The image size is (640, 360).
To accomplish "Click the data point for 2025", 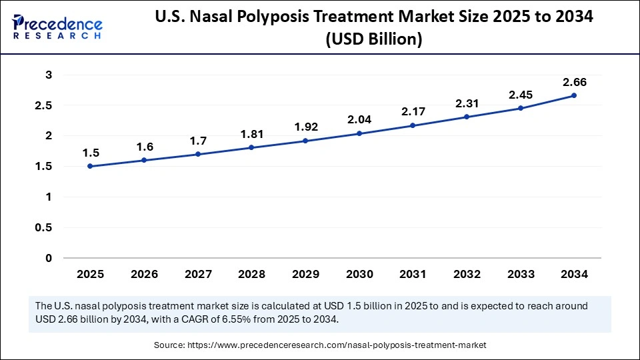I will (x=90, y=166).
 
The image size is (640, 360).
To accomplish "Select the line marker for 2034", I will (x=574, y=95).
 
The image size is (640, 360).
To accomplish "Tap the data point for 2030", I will (x=359, y=133).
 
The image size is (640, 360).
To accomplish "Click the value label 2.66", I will (x=574, y=82).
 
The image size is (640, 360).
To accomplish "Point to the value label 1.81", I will (x=251, y=134).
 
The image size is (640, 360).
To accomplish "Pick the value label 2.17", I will (x=413, y=112).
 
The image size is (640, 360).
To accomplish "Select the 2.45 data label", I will (x=520, y=95).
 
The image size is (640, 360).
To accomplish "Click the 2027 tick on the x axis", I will (x=197, y=274).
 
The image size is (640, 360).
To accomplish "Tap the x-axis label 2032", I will (x=466, y=274).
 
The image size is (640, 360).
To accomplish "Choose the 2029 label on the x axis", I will (x=305, y=274).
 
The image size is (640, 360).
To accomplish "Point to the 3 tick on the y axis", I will (x=49, y=75).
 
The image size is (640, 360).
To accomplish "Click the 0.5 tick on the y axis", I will (x=45, y=227).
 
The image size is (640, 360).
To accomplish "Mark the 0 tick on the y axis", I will (x=49, y=258).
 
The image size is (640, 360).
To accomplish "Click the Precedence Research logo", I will (x=57, y=27).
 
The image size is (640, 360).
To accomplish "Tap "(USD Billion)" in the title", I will (x=373, y=40).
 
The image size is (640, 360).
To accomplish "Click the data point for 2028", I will (x=251, y=147).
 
